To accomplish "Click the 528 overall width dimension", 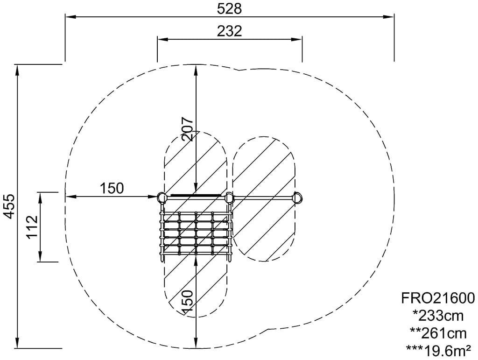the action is click(x=229, y=9).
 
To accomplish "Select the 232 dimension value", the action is click(x=229, y=31).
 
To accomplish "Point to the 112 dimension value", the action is click(x=32, y=227).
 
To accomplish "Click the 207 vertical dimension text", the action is click(x=188, y=128).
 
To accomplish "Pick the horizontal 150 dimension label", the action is click(x=112, y=188).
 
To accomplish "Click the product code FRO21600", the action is click(x=437, y=298).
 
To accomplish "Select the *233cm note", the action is click(x=438, y=316).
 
